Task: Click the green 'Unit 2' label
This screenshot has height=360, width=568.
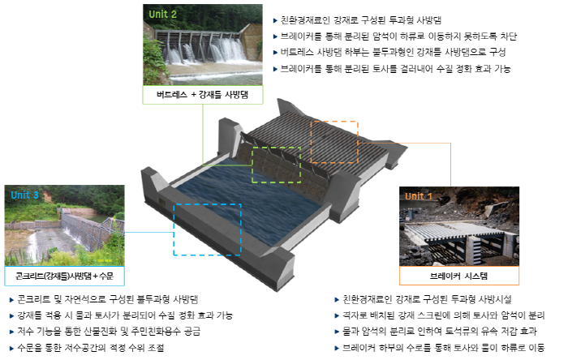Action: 162,14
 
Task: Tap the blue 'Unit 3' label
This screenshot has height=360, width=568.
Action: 24,195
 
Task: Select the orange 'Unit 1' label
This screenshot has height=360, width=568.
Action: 419,196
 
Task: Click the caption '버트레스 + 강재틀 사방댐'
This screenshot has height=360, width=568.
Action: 203,95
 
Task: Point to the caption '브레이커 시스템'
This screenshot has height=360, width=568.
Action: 458,276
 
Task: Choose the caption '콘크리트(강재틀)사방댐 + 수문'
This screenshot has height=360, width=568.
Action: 64,276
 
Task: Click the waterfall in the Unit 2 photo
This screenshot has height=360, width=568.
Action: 203,51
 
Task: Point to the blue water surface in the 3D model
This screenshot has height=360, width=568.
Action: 250,203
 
